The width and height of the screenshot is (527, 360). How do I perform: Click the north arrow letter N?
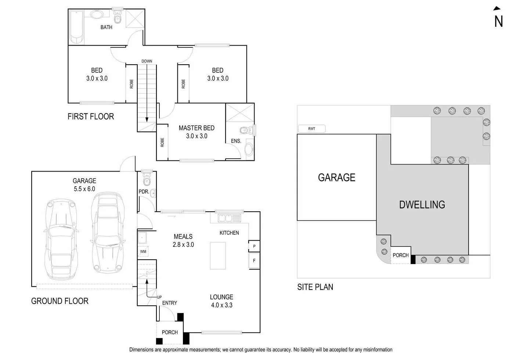pos(498,22)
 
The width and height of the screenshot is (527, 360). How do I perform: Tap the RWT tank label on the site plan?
pos(311,129)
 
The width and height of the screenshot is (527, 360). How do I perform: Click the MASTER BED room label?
pos(196,128)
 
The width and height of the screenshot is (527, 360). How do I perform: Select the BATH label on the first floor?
pos(107,27)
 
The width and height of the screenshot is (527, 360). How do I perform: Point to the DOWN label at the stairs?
pos(147,61)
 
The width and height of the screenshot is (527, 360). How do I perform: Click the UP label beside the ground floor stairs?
pos(159,297)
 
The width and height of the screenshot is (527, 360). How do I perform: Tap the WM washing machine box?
pos(143,252)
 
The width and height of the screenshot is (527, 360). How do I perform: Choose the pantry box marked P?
pos(254,246)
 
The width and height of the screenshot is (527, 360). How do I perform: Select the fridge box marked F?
pos(254,261)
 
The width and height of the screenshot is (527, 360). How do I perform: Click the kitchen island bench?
pos(218,256)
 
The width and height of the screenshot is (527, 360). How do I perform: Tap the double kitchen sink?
pos(225,218)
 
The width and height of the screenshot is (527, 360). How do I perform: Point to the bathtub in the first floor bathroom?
pos(77,28)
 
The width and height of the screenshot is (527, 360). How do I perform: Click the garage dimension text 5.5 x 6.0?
pos(84,189)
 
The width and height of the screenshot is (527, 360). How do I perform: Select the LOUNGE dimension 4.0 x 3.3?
pos(221,305)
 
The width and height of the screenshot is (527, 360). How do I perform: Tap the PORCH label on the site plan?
pos(400,255)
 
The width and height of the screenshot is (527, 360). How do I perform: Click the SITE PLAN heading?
pos(315,287)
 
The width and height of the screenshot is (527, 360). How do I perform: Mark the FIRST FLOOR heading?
pos(91,116)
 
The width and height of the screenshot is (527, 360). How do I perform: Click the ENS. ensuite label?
pos(236,141)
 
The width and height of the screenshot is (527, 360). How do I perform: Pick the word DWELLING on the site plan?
pos(422,205)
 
